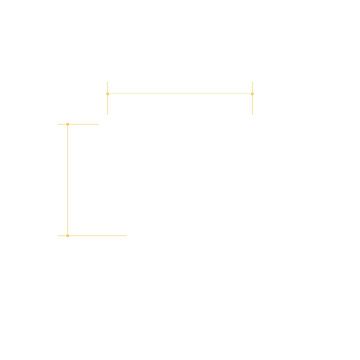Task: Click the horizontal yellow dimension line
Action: coord(180,94)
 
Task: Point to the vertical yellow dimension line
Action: coord(67,180)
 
